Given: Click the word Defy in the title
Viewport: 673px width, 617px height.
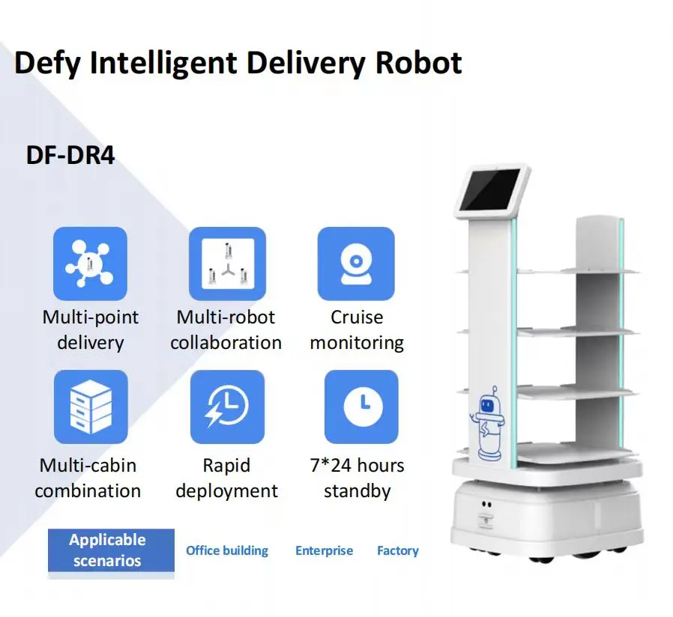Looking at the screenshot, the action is pos(46,64).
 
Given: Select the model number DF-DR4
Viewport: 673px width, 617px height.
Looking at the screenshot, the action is pos(70,156).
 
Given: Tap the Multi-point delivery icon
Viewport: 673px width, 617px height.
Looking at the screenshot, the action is pos(90,264).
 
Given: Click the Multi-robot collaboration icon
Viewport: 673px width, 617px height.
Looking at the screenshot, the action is pos(226,264).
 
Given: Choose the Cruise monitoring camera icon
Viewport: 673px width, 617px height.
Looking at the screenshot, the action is pos(356,264).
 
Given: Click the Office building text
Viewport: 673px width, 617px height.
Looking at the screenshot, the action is pos(226,550).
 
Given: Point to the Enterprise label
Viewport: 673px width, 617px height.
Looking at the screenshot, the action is pos(324,550).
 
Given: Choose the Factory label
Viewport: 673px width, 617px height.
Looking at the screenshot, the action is pos(397,550).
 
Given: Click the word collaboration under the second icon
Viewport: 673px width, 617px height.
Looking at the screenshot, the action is pos(226,343).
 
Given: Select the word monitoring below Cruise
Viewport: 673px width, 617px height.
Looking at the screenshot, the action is pos(357,343).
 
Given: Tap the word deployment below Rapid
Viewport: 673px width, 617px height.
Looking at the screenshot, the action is pos(226,491).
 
